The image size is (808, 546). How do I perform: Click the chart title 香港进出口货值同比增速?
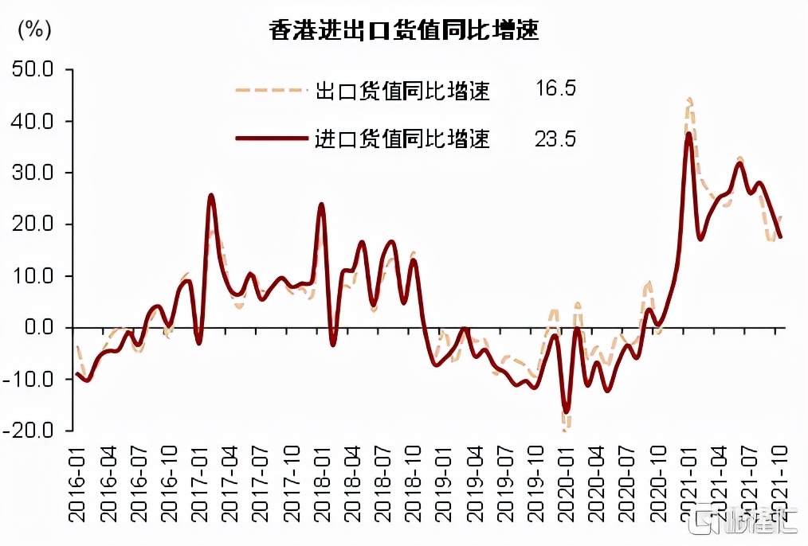click(404, 31)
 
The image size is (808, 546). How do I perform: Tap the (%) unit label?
click(33, 30)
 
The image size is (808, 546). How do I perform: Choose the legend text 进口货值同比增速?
click(402, 140)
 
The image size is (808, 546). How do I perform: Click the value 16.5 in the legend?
click(555, 88)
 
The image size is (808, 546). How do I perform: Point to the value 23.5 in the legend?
click(555, 139)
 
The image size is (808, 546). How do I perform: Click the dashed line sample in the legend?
click(271, 91)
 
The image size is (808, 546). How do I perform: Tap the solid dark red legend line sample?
click(271, 138)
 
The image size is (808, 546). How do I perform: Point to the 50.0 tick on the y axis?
click(33, 70)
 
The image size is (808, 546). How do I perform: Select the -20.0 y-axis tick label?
click(29, 430)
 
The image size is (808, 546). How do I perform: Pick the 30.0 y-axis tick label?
click(33, 173)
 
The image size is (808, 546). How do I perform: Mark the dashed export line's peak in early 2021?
click(689, 99)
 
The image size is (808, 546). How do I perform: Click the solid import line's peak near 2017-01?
click(211, 195)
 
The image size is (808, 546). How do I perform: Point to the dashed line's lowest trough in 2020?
click(564, 429)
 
